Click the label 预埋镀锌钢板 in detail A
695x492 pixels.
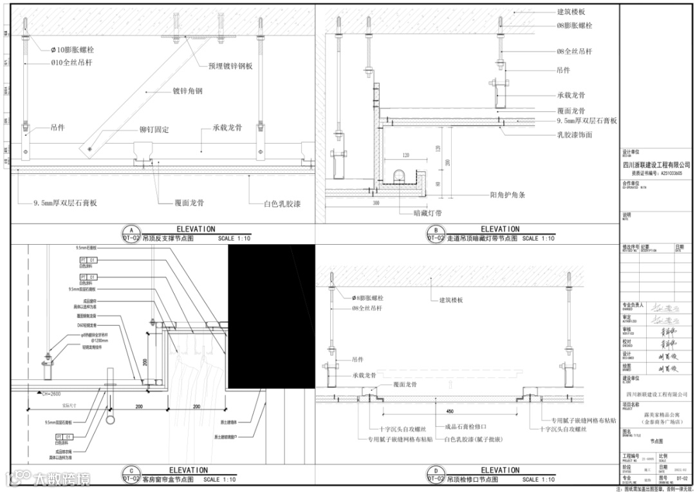(x=230, y=66)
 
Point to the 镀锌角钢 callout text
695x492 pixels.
(x=188, y=91)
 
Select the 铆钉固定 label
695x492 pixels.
(x=154, y=130)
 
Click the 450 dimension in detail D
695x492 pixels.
(x=449, y=411)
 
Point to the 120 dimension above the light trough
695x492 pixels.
(x=405, y=156)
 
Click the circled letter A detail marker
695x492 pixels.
(x=131, y=231)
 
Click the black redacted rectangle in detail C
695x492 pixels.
(x=270, y=319)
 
